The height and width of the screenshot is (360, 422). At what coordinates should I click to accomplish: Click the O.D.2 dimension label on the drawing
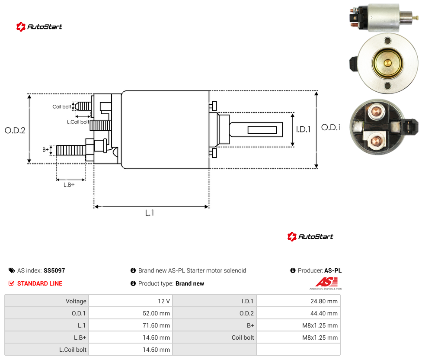(15, 131)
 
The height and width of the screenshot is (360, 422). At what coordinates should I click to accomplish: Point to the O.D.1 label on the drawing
(331, 127)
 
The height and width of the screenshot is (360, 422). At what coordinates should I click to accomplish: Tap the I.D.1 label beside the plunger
(304, 129)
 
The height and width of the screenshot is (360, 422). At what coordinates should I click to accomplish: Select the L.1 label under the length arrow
(150, 213)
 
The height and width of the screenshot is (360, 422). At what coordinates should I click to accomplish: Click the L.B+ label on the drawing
(69, 185)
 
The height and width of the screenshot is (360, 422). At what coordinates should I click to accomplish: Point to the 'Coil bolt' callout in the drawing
(62, 106)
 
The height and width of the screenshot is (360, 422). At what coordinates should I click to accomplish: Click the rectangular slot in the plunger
(262, 130)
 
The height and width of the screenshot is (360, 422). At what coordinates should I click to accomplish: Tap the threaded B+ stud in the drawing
(71, 150)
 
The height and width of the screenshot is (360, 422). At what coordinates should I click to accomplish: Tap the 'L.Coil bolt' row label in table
(73, 350)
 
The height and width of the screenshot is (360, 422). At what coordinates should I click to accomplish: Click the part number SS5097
(54, 270)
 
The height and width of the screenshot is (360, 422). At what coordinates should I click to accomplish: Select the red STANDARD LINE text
(40, 283)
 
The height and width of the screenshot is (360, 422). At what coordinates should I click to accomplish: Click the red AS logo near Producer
(326, 282)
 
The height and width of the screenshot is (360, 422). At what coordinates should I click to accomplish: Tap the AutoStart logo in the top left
(39, 27)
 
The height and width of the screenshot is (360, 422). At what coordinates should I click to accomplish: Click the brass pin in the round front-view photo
(387, 63)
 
